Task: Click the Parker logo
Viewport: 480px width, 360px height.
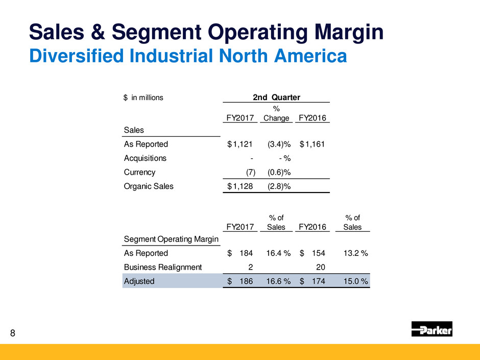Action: [431, 329]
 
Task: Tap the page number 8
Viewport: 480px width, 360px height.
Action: [13, 334]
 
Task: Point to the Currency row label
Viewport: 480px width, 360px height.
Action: [139, 172]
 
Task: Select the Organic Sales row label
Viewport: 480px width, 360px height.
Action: [149, 186]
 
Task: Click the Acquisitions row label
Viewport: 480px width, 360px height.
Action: [145, 158]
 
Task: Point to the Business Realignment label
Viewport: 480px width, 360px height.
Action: [162, 267]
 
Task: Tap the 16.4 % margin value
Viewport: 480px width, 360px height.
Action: [278, 253]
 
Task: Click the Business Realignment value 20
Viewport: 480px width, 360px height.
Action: [321, 267]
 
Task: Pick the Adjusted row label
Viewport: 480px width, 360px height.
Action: [139, 281]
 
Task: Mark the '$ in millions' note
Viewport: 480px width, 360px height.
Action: [143, 98]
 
